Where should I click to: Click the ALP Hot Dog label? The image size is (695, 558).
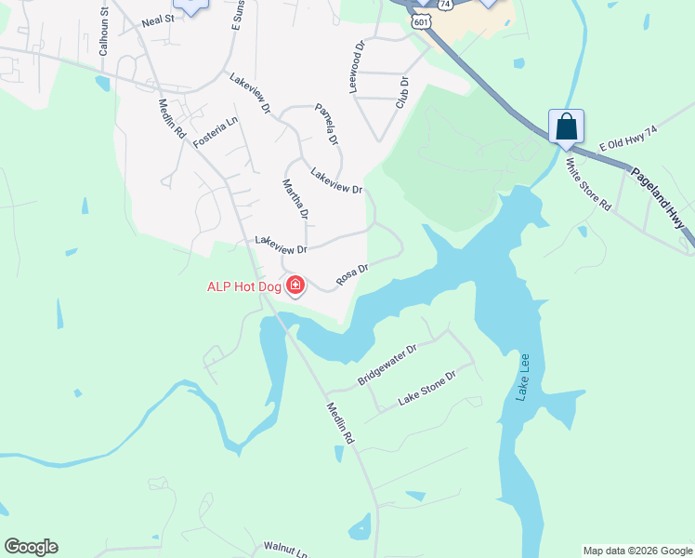click(243, 286)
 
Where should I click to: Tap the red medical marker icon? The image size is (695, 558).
click(295, 284)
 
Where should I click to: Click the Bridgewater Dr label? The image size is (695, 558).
click(388, 365)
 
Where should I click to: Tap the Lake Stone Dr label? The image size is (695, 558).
click(427, 388)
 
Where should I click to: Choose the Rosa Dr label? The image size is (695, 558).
click(352, 273)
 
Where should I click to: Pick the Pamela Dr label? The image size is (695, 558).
click(326, 124)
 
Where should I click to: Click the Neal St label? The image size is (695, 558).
click(158, 20)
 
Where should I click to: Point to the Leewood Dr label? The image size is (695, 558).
click(356, 65)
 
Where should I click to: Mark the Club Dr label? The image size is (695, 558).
click(402, 93)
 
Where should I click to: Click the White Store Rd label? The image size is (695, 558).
click(588, 184)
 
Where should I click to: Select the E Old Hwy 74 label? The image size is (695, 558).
click(628, 140)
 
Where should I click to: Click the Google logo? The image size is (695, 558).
click(31, 547)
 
